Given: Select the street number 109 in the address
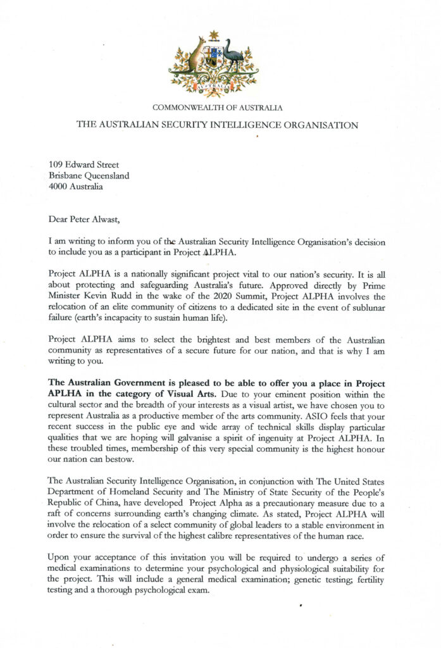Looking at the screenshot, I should click(56, 165).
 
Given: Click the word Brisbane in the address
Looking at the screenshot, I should click(66, 176).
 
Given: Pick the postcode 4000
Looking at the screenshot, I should click(59, 187).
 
